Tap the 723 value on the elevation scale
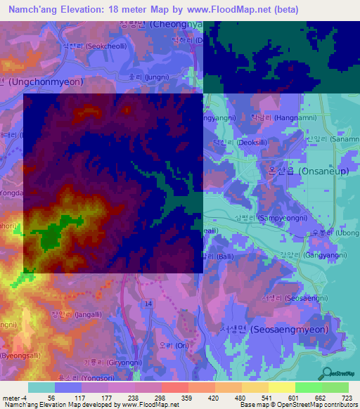[347, 397]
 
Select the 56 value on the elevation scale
[51, 397]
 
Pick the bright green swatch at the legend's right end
[336, 387]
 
